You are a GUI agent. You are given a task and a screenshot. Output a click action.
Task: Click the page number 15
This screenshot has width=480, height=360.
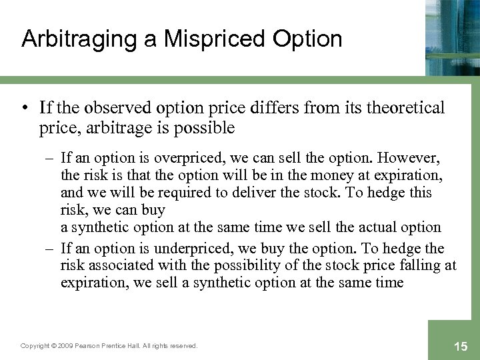pyautogui.click(x=460, y=345)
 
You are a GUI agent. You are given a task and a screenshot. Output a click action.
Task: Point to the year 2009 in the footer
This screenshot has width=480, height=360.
pyautogui.click(x=64, y=345)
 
